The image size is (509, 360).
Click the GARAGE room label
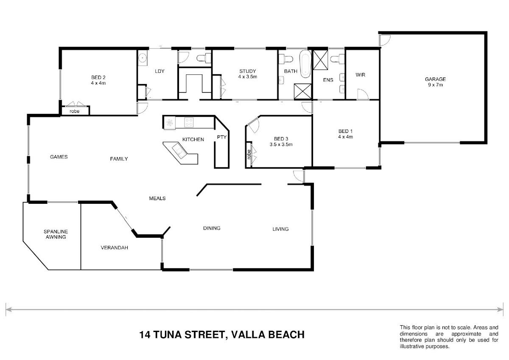click(x=436, y=79)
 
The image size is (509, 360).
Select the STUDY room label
click(x=247, y=71)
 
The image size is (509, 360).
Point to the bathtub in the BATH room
click(x=305, y=65)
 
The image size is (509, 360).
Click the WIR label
click(x=361, y=75)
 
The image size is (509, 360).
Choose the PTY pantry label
click(x=221, y=137)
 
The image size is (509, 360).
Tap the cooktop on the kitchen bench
click(x=189, y=123)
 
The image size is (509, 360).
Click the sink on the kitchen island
click(x=178, y=149)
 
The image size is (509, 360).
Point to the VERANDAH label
click(x=114, y=247)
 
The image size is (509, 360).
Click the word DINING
click(x=212, y=228)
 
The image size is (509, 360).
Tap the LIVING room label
click(x=280, y=229)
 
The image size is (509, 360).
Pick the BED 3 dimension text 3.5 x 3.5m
click(x=281, y=144)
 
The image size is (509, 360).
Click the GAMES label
click(x=59, y=157)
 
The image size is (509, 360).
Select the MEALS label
click(x=157, y=198)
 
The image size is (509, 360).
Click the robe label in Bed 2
click(x=75, y=111)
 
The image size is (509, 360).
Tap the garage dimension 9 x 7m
click(x=436, y=85)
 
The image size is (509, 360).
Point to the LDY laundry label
click(x=159, y=71)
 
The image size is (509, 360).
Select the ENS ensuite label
click(x=328, y=79)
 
